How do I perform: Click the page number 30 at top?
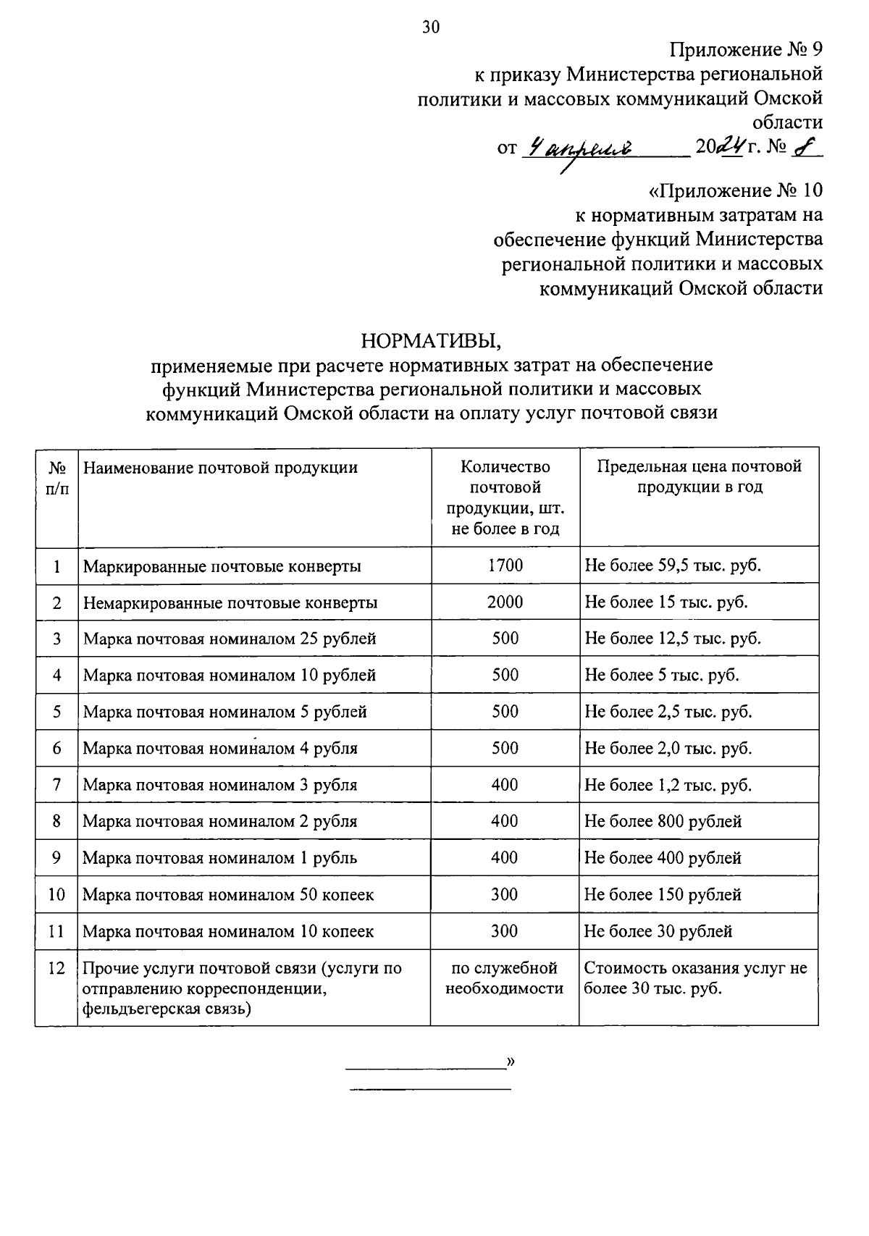pos(431,28)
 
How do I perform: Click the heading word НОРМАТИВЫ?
pos(431,340)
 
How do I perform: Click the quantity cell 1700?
pos(505,566)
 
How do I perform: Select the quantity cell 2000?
pos(505,602)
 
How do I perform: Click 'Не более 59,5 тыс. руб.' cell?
pos(673,566)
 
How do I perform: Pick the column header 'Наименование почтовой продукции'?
pos(220,468)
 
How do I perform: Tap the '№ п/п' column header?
pos(56,478)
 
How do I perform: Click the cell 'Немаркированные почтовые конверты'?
pos(230,602)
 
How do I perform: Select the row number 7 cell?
pos(56,785)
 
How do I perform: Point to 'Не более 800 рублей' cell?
pos(663,822)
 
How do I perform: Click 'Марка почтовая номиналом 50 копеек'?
pos(228,895)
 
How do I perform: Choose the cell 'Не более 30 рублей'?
pos(658,931)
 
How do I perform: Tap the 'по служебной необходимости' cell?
pos(504,978)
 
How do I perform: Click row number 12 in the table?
pos(56,969)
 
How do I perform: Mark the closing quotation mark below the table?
pos(511,1062)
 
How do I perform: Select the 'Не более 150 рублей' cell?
pos(663,895)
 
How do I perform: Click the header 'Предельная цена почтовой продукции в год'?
pos(699,476)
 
